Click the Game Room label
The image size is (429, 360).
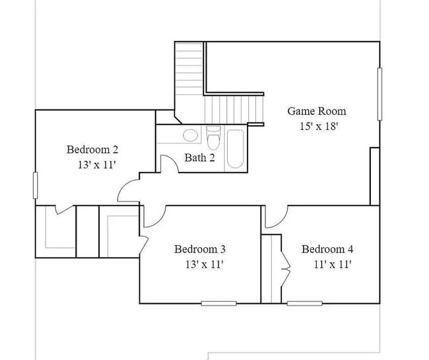[316, 111]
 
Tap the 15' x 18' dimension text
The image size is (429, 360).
[316, 126]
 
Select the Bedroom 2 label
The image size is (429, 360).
[92, 150]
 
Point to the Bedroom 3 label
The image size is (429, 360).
[200, 249]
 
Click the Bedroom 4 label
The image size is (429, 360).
[327, 249]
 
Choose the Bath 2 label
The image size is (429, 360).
[199, 158]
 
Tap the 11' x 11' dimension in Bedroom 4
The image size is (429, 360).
[332, 264]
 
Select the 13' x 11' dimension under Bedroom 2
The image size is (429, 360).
[96, 165]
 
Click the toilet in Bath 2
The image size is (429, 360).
[213, 139]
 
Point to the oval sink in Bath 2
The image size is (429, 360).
[190, 136]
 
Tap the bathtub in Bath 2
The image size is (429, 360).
[235, 148]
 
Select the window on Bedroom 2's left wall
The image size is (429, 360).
[35, 187]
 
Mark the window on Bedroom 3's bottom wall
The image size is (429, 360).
[218, 303]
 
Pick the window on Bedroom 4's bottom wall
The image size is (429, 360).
[304, 303]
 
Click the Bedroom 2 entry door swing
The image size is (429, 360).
[128, 191]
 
